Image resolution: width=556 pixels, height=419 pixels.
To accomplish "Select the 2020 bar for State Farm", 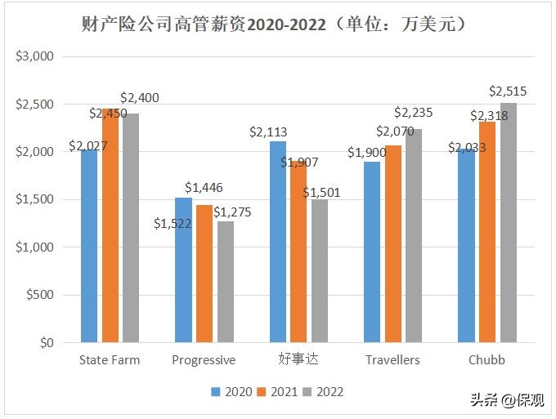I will (89, 245).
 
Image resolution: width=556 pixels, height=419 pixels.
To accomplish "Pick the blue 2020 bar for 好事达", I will (278, 241).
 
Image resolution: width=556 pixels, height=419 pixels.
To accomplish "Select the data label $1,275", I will (232, 212).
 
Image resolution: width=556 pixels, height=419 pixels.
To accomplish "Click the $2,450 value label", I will (108, 114).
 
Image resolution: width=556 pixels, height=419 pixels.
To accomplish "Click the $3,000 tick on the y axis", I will (35, 56).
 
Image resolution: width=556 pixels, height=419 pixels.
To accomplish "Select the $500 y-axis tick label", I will (39, 295).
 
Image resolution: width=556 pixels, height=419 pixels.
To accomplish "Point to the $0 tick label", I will (45, 343).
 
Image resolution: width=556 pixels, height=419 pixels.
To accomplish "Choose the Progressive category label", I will (204, 360).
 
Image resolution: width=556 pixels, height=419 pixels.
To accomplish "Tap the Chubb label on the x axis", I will (486, 360).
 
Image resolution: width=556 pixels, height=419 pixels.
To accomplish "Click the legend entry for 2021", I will (278, 391).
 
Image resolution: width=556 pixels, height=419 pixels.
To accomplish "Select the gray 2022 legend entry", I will (324, 391).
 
